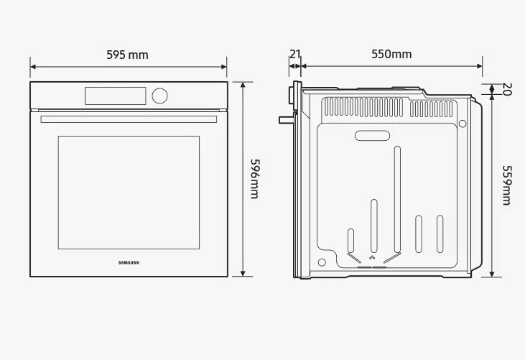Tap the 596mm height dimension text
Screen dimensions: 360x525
254,179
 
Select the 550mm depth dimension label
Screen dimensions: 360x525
391,54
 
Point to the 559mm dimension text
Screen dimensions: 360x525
506,186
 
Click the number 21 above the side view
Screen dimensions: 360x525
294,54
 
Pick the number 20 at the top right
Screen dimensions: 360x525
506,90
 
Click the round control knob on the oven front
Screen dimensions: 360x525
159,96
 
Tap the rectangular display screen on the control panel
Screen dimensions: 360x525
115,96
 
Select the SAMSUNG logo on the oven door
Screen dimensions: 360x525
129,262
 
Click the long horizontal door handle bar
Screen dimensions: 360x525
129,119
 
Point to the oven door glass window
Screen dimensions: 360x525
129,193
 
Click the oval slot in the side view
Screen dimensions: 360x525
373,135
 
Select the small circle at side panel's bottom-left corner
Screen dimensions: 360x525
322,262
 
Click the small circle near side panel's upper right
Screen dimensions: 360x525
463,124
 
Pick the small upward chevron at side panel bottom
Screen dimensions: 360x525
371,257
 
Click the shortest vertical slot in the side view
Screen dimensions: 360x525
350,239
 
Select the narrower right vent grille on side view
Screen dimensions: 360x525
432,109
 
